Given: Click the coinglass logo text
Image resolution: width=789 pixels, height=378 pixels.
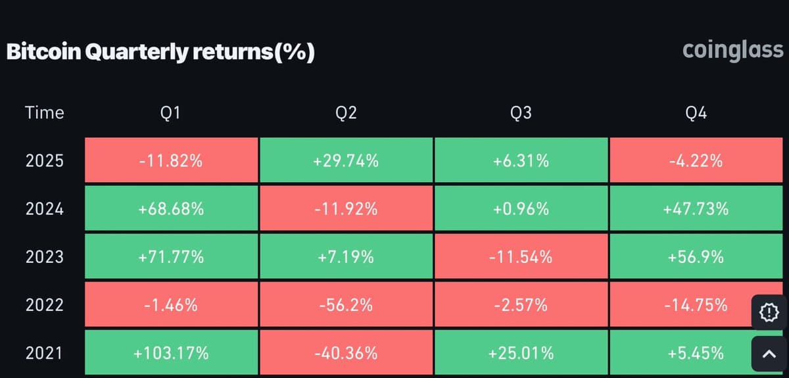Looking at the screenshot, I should tap(732, 51).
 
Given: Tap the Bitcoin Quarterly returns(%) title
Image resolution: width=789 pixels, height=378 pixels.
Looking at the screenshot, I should tap(160, 53).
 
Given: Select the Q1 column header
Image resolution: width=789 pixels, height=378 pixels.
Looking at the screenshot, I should tap(171, 113).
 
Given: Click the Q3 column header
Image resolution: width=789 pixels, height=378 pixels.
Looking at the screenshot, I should tap(521, 113).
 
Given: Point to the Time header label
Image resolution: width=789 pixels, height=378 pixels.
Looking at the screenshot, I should tap(45, 113).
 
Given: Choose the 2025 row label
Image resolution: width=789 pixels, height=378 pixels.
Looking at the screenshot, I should tap(45, 160).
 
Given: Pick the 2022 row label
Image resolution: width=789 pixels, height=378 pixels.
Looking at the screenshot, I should tap(45, 305).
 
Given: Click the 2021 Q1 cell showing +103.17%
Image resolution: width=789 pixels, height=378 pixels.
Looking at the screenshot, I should tap(171, 353).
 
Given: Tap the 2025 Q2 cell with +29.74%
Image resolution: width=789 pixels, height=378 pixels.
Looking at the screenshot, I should tap(346, 160).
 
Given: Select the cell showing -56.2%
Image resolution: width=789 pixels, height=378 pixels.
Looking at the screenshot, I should tap(346, 305).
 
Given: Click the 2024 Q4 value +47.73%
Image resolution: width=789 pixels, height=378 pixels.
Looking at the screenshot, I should tap(696, 209).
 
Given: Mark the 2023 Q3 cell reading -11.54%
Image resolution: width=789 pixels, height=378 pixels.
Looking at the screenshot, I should tap(521, 257).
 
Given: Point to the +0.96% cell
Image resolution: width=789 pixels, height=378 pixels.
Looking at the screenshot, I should tap(521, 209).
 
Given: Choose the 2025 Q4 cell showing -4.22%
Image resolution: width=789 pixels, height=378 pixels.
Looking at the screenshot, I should tap(696, 160).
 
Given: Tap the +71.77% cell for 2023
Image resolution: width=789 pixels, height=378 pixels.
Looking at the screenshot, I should tap(171, 257).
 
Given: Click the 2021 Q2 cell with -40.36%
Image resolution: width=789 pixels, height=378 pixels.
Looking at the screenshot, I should tap(346, 353).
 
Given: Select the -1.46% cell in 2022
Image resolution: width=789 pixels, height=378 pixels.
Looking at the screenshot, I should tap(171, 305).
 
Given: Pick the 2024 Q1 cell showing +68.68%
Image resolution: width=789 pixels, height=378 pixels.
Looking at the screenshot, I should tap(171, 209).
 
